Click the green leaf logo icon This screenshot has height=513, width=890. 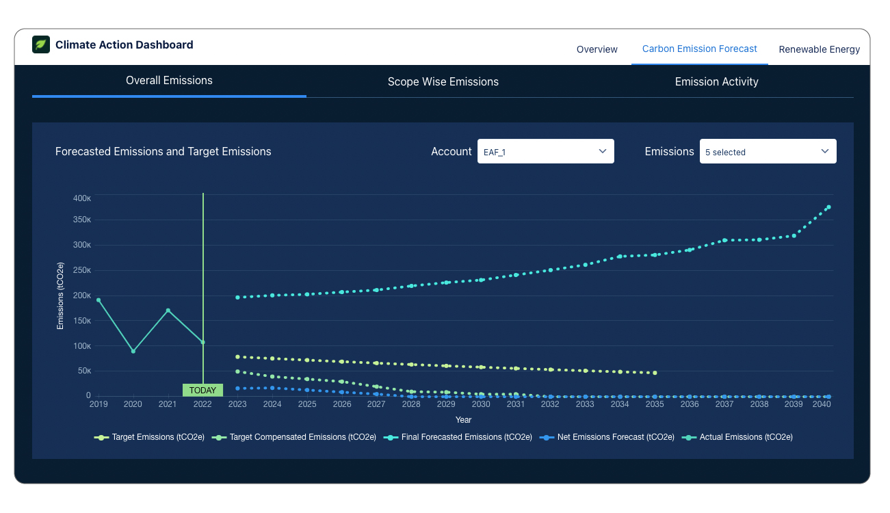[41, 44]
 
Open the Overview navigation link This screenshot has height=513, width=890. [597, 49]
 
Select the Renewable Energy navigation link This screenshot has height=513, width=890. [819, 49]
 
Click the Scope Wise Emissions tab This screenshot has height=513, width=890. [443, 82]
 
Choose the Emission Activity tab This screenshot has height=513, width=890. [716, 82]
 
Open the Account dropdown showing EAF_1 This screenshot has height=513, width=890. [545, 151]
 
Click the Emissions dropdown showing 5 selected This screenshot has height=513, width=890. [768, 151]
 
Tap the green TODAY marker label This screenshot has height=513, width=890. [202, 391]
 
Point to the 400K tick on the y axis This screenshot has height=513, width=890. [82, 198]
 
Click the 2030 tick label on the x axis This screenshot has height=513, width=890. [481, 404]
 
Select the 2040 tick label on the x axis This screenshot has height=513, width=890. [822, 404]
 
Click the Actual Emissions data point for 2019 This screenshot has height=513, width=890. [99, 300]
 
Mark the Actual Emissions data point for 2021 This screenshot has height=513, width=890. [168, 311]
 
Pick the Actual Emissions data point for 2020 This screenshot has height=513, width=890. [133, 351]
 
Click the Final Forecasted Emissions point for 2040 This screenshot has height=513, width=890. [828, 207]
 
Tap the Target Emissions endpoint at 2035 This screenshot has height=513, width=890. [655, 373]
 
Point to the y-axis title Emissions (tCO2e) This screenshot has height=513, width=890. [60, 295]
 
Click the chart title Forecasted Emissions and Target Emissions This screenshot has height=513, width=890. [163, 152]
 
